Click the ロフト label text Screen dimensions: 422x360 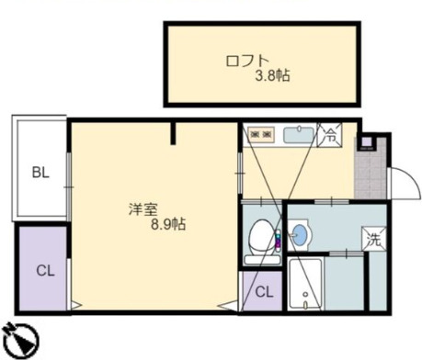(x=247, y=61)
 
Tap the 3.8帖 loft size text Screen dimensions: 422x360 (x=273, y=75)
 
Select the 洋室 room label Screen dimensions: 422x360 (x=143, y=209)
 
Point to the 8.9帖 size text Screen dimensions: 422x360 (x=168, y=224)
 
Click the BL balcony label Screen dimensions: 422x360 (x=40, y=173)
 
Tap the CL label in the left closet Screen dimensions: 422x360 (x=45, y=271)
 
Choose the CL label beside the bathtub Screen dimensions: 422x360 (x=264, y=292)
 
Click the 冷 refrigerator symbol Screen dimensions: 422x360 (x=329, y=135)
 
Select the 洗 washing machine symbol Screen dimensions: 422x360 (x=373, y=239)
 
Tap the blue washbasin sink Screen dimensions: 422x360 (x=299, y=235)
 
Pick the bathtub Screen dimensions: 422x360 (x=305, y=284)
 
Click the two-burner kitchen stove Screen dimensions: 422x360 (x=261, y=135)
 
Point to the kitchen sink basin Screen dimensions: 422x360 (x=299, y=135)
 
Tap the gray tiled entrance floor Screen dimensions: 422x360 (x=371, y=172)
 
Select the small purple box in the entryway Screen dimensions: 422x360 (x=366, y=141)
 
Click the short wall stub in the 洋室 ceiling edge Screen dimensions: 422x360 (x=173, y=133)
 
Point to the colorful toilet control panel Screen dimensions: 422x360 (x=278, y=242)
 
